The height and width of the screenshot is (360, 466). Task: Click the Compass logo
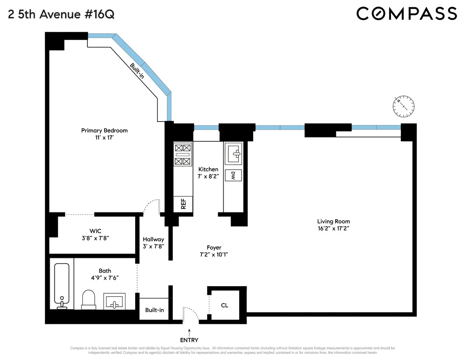click(406, 14)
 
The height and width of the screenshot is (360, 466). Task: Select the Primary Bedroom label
click(104, 130)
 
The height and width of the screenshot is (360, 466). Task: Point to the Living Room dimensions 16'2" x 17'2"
click(333, 229)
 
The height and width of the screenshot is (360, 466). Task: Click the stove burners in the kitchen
click(183, 154)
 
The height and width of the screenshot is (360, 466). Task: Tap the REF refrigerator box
click(183, 204)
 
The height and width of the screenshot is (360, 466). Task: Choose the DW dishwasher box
click(233, 175)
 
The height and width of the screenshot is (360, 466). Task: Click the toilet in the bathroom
click(89, 300)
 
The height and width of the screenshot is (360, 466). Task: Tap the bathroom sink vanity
click(114, 301)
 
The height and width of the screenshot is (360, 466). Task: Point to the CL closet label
click(224, 305)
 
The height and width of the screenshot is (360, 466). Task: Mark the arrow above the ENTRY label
click(189, 331)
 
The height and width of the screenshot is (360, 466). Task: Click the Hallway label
click(153, 239)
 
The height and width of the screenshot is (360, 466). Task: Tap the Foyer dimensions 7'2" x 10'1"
click(214, 255)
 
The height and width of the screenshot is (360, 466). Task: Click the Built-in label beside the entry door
click(155, 310)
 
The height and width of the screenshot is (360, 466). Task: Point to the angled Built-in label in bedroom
click(137, 71)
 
